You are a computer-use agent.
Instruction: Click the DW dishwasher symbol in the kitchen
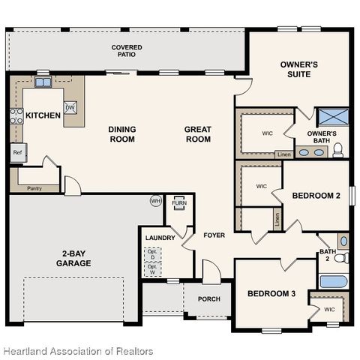(70, 107)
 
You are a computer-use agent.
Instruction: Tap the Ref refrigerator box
(17, 152)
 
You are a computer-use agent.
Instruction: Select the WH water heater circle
(156, 201)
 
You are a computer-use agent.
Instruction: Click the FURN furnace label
(179, 203)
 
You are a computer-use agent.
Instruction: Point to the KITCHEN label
(43, 116)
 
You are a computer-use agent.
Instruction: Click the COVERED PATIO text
(127, 51)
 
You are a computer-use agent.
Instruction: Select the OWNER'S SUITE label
(298, 70)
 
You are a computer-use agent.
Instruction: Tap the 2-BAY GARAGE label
(73, 257)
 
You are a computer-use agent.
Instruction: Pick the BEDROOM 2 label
(316, 195)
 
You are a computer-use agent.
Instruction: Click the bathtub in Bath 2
(333, 282)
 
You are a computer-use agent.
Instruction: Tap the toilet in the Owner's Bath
(338, 151)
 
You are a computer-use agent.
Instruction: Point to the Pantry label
(34, 188)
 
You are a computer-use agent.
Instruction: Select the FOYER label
(214, 235)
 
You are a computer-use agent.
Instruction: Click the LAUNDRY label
(160, 238)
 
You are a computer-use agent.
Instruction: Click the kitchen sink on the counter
(43, 82)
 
